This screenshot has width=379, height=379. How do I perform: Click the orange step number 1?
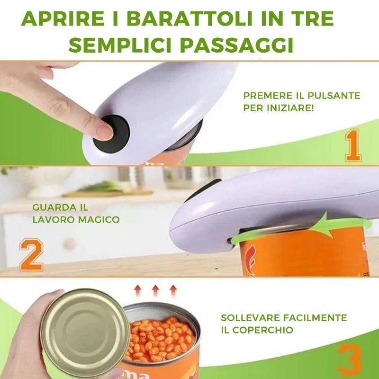pyautogui.click(x=353, y=145)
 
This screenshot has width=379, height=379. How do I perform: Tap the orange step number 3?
pyautogui.click(x=351, y=360)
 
